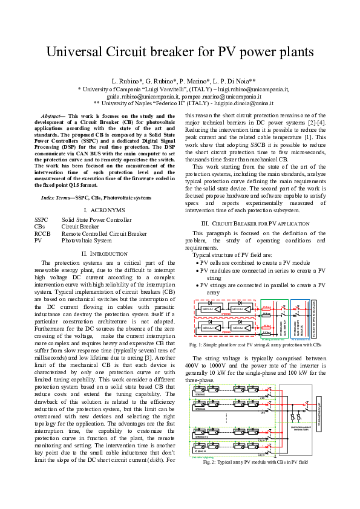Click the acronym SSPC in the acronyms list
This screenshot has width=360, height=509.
(x=41, y=220)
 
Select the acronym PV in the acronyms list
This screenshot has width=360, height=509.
(x=38, y=240)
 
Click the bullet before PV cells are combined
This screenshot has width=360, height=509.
(x=197, y=263)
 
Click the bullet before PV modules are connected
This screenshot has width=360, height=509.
(x=197, y=270)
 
